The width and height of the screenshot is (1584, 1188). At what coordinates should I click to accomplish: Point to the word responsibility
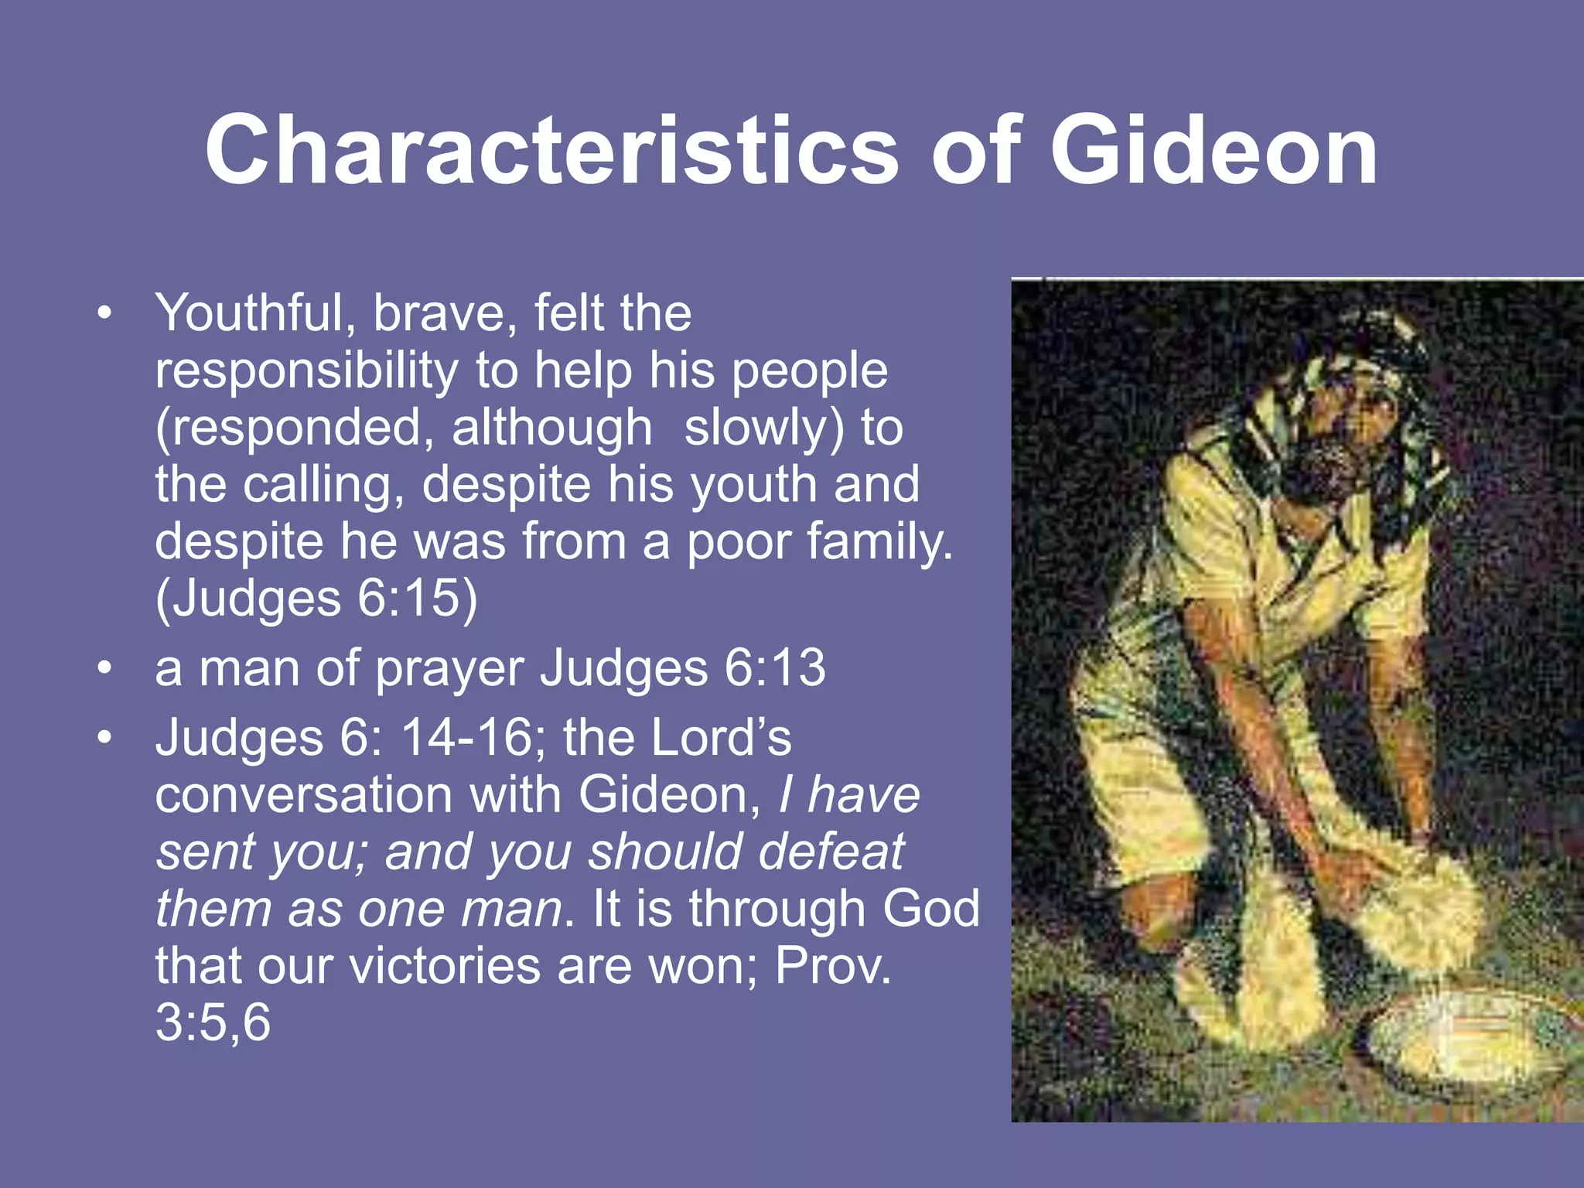click(306, 371)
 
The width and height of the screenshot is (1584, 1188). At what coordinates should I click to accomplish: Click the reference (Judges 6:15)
click(316, 599)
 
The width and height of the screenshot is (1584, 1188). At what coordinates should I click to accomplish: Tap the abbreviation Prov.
click(833, 966)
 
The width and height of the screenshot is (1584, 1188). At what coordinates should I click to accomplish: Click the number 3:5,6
click(213, 1022)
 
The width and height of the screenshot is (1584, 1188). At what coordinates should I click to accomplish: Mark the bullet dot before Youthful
click(105, 313)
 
